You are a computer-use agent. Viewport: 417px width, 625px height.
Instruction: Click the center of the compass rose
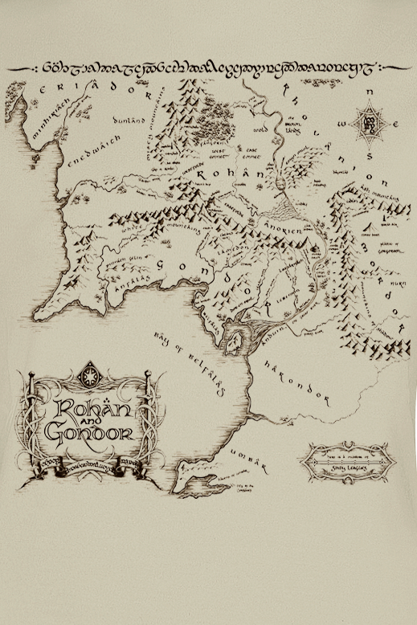click(370, 125)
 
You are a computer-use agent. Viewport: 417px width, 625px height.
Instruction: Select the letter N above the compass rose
click(370, 93)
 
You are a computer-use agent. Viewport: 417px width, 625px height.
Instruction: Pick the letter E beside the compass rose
click(399, 125)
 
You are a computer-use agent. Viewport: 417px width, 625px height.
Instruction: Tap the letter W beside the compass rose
click(343, 125)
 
